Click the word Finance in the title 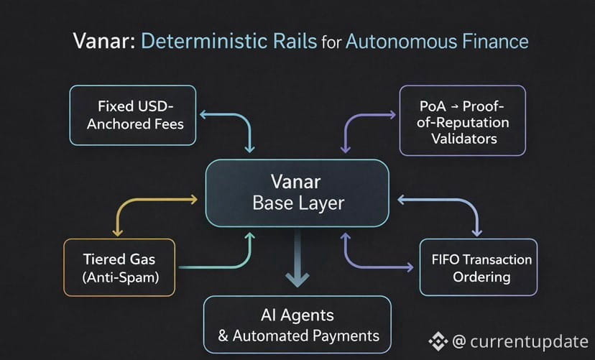coord(495,41)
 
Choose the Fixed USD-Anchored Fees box coord(133,115)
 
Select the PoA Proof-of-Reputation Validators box coord(463,120)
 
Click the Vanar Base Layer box coord(297,193)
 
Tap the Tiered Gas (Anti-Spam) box coord(119,267)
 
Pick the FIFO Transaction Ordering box coord(479,267)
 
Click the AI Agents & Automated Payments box coord(297,325)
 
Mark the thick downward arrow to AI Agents coord(297,258)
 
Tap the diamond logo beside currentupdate coord(438,341)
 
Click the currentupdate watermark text coord(520,341)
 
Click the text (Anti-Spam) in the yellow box coord(120,277)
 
